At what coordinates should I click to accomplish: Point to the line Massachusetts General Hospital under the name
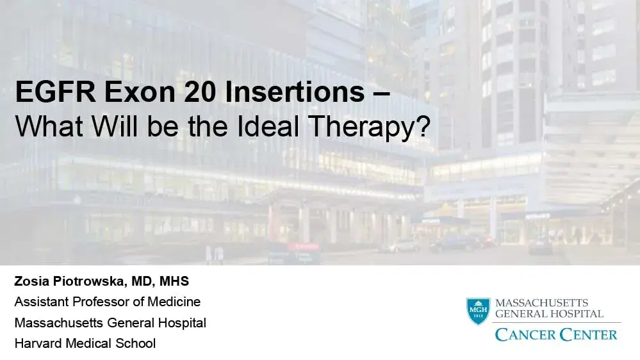point(110,322)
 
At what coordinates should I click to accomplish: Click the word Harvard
point(39,343)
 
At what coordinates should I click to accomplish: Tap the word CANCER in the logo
point(524,334)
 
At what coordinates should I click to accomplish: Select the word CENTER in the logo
point(587,334)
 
